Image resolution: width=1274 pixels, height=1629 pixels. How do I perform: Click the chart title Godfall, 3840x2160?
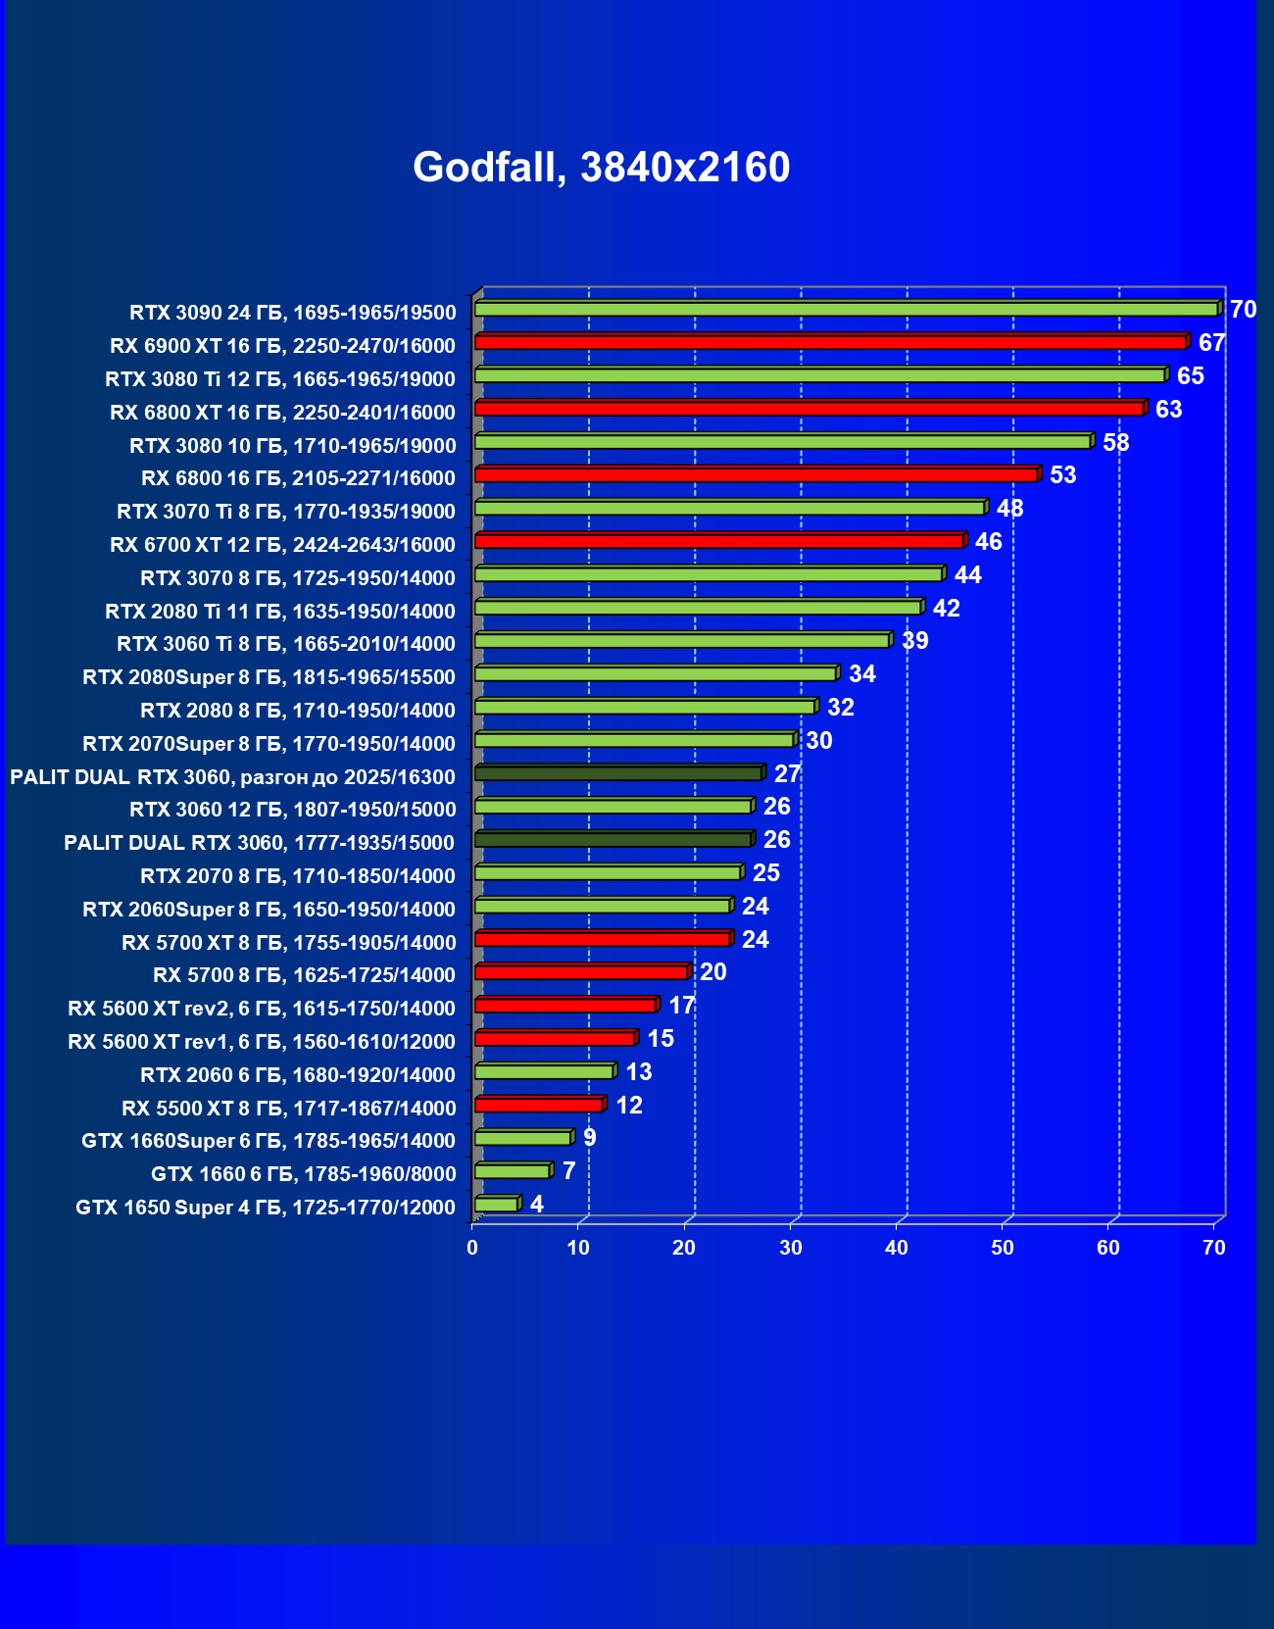coord(601,168)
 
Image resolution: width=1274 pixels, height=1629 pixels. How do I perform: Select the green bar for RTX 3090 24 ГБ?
coord(846,310)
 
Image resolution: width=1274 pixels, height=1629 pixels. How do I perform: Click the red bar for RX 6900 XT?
coord(830,342)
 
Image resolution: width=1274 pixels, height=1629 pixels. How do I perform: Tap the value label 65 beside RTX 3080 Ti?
coord(1190,376)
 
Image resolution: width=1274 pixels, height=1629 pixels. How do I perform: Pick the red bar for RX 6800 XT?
coord(808,409)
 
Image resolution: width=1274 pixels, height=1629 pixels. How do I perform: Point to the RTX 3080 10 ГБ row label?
coord(292,446)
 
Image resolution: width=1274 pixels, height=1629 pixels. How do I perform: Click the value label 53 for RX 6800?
coord(1062,475)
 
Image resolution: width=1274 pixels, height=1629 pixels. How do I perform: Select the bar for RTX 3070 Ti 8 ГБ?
coord(729,508)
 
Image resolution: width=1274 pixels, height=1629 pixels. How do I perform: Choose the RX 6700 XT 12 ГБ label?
coord(282,545)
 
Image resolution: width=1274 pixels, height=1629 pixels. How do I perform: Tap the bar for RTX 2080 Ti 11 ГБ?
coord(697,608)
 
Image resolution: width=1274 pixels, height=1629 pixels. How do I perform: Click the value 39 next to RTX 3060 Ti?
coord(914,641)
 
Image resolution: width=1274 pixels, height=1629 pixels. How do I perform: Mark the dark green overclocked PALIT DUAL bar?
coord(617,773)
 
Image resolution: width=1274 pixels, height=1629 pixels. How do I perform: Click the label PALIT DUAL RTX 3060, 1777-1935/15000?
coord(259,843)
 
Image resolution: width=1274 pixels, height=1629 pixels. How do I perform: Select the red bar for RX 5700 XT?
coord(602,939)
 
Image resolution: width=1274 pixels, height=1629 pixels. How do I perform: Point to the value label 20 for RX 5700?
coord(712,972)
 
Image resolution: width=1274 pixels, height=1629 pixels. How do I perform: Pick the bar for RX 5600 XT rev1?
coord(554,1039)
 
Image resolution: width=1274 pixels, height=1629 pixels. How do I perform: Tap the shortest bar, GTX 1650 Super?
coord(496,1205)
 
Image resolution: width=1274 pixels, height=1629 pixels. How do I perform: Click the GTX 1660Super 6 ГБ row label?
coord(269,1141)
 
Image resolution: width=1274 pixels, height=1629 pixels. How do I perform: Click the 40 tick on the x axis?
coord(896,1248)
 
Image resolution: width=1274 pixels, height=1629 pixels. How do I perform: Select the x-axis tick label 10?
coord(578,1248)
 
